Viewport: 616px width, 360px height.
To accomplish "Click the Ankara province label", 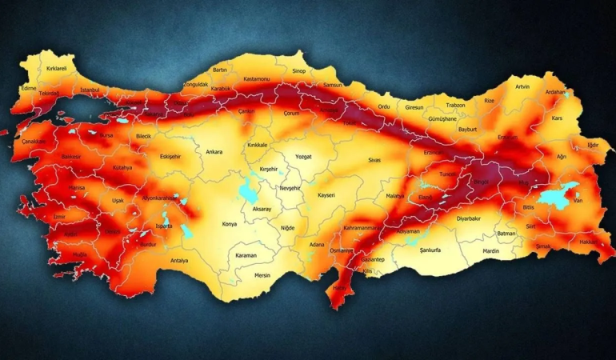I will (x=214, y=151).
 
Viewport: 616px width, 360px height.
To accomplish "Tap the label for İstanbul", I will (x=90, y=90).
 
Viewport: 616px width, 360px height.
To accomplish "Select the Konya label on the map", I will (x=229, y=224).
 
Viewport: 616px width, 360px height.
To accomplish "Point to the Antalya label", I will (x=179, y=260).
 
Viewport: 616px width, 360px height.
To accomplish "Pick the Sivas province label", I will (x=374, y=160).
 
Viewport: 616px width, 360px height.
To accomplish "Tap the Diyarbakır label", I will (x=469, y=218).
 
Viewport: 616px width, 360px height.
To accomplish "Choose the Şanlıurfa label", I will (x=436, y=249).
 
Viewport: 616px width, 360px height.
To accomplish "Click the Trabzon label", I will (x=455, y=105).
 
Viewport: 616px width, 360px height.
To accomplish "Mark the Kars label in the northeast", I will (x=558, y=118).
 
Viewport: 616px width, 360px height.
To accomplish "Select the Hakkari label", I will (x=588, y=241).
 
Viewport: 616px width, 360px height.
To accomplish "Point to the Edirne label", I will (x=30, y=87).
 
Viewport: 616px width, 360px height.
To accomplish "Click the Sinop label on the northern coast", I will (x=298, y=70).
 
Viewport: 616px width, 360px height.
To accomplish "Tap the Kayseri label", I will (x=326, y=195).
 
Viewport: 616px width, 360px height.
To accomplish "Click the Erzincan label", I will (x=434, y=152).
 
